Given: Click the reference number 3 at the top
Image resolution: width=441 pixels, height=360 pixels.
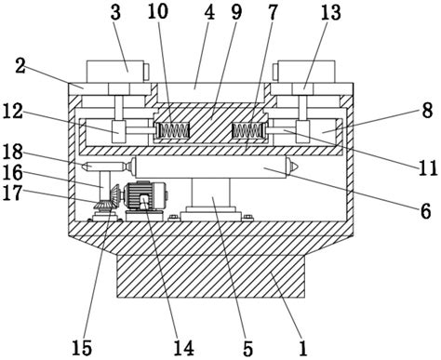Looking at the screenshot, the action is (115, 12).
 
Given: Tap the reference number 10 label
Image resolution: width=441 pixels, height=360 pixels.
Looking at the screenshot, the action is (158, 11).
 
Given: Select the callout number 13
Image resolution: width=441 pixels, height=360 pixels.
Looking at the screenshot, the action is (330, 12).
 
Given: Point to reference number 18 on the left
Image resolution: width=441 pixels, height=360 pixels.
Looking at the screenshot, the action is (13, 152).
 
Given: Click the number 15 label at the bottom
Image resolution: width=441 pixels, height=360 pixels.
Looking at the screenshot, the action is (82, 348).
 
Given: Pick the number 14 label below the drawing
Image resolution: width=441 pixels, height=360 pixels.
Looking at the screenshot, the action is (183, 348).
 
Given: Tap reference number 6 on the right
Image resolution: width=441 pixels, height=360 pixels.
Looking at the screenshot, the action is (425, 211).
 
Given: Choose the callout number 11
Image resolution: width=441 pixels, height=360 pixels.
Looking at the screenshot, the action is (428, 168).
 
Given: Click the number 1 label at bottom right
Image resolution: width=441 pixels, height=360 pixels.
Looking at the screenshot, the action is (302, 348).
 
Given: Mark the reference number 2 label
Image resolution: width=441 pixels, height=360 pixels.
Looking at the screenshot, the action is (20, 66).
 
